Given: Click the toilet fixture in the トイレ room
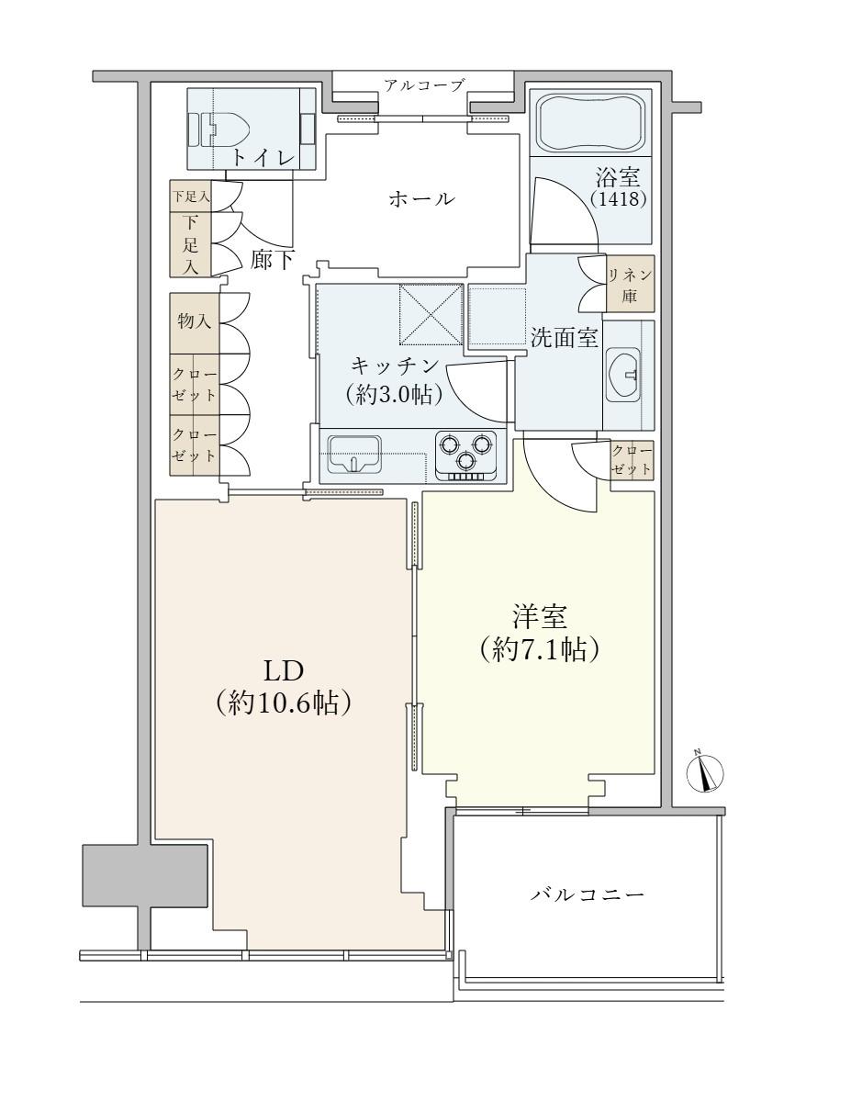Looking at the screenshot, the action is (x=219, y=129).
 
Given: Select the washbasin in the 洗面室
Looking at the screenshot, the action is (x=623, y=375).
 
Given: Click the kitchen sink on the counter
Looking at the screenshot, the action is (x=354, y=454).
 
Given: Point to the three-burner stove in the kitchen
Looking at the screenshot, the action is (x=465, y=455).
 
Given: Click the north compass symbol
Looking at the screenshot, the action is (x=704, y=773).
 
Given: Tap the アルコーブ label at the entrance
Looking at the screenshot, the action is (x=423, y=85).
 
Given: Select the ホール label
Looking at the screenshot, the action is (x=421, y=198).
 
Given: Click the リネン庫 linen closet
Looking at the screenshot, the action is (x=630, y=283).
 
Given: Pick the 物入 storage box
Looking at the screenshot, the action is (x=194, y=323).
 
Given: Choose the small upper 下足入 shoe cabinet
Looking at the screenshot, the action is (x=191, y=197).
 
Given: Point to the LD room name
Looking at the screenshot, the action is (x=284, y=671).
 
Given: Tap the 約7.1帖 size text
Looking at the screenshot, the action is (x=539, y=649).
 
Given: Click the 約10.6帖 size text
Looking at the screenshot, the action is (x=283, y=703).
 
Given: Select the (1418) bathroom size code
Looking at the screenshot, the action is (x=619, y=198).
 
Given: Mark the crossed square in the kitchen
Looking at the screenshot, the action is (x=431, y=314).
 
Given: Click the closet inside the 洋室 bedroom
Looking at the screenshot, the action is (x=632, y=459).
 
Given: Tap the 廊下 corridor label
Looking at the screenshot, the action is (x=273, y=260).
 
